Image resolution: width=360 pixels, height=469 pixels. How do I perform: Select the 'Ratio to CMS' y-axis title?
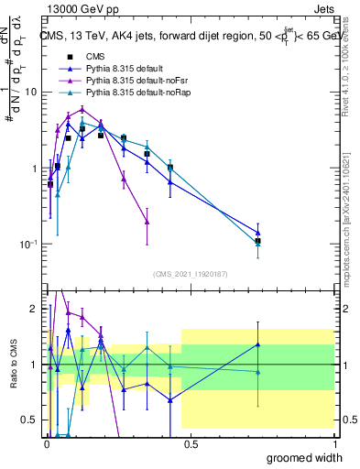coord(13,376)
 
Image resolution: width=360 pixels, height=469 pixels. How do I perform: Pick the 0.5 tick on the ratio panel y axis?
coord(31,420)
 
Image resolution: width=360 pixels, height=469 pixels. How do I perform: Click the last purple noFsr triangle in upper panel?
coord(147,222)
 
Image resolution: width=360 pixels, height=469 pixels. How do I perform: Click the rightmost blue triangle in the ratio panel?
coord(258,344)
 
